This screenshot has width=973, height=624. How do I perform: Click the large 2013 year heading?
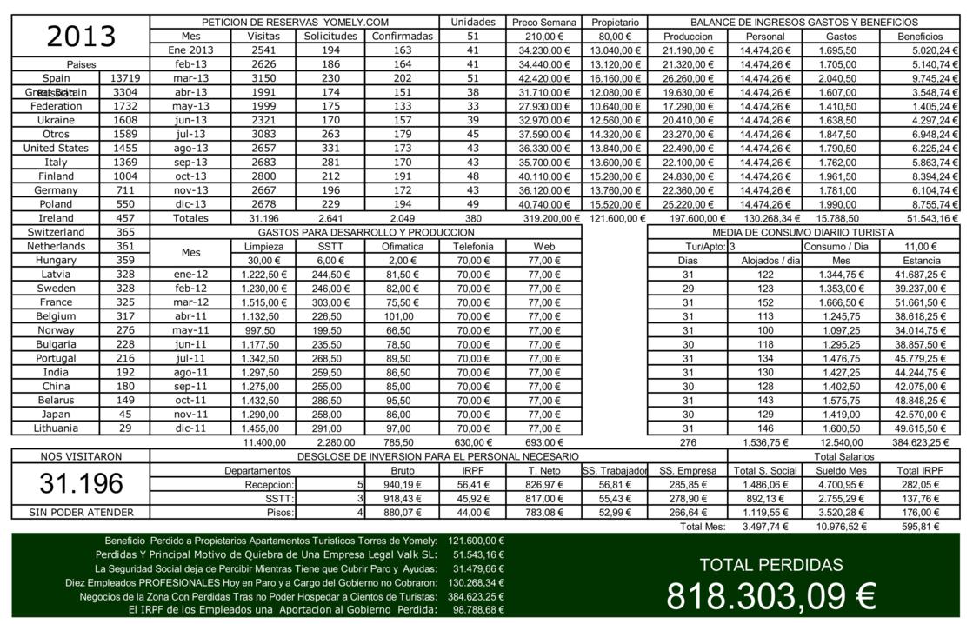tap(81, 37)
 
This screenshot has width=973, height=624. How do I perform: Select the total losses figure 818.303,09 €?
tap(770, 597)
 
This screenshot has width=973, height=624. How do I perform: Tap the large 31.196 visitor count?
tap(81, 484)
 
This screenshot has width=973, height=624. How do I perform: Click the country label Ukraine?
tap(57, 120)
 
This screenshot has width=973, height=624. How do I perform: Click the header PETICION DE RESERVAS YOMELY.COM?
tap(295, 22)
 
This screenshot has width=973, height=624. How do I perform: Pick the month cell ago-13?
tap(190, 148)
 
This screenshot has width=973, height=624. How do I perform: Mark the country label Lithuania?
tap(56, 428)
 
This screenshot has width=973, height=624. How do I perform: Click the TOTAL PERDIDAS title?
tap(770, 565)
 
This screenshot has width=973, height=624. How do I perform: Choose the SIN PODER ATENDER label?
tap(81, 513)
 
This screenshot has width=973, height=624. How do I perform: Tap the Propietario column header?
tap(615, 22)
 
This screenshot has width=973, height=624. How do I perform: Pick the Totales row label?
tap(190, 218)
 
